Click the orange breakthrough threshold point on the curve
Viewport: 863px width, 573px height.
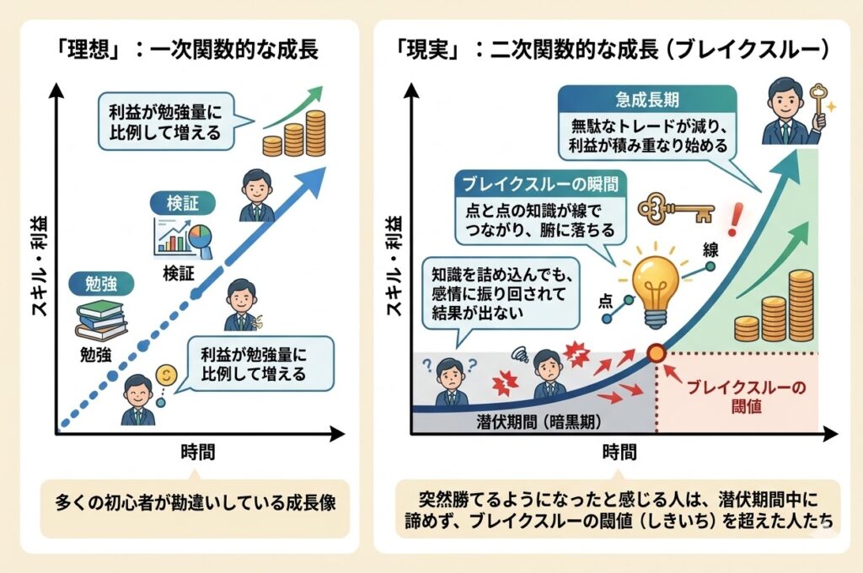[655, 353]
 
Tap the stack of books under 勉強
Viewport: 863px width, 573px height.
[101, 319]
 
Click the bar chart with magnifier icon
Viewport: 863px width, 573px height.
[181, 237]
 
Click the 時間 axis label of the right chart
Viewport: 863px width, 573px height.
[619, 452]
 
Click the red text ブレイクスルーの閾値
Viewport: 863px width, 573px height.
[746, 397]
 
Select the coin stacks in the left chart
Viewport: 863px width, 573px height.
[294, 134]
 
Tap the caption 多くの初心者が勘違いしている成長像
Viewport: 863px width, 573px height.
[196, 503]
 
